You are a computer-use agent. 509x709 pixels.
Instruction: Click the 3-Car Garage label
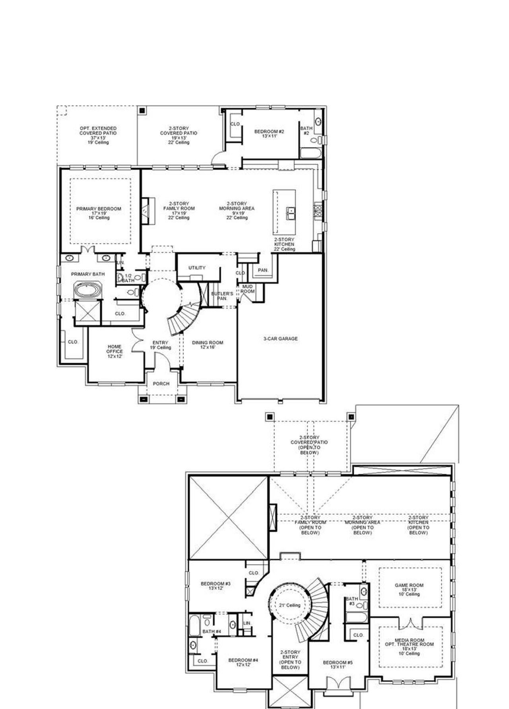coord(280,339)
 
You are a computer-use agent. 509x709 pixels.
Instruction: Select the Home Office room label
coord(114,351)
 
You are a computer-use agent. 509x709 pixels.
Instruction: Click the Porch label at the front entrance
coord(161,384)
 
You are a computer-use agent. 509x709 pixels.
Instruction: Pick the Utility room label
coord(197,267)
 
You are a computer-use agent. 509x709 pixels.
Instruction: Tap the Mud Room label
coord(247,289)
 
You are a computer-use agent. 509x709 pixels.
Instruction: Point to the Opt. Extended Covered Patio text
coord(98,133)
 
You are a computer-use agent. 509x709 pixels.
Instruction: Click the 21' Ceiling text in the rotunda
coord(290,605)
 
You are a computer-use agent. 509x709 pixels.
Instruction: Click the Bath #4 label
coord(212,631)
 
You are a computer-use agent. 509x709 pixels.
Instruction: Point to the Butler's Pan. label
coord(219,295)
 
